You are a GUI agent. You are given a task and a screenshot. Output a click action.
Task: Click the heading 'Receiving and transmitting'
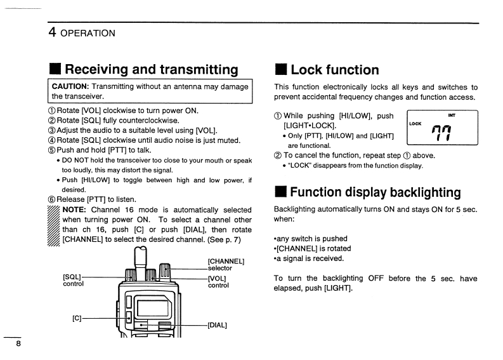coord(152,69)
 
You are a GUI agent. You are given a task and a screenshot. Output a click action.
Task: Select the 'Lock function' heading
coord(334,70)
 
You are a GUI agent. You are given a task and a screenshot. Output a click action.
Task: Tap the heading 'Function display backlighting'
coord(375,192)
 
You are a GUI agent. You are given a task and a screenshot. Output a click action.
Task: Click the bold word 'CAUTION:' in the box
coord(70,86)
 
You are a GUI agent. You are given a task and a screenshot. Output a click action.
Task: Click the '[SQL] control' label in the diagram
coord(73,280)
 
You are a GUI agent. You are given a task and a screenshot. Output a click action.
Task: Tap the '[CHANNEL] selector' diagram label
coord(226,264)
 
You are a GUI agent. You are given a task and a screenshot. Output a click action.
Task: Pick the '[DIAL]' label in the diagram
coord(218,326)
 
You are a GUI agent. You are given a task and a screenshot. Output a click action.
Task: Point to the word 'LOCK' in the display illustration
coord(415,123)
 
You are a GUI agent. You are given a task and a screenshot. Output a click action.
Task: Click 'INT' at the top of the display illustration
coord(452,116)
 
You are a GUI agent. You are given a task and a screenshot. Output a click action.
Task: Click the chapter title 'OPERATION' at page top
coord(88,33)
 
